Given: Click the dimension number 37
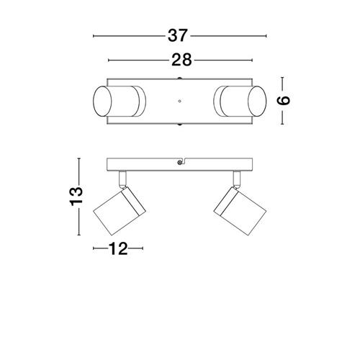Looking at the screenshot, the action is [x=177, y=36].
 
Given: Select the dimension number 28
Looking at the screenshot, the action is [x=181, y=60].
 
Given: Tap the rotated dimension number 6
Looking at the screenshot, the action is [x=284, y=101].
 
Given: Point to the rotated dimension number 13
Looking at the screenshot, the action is [x=76, y=197].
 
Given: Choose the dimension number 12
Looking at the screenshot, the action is [x=118, y=248].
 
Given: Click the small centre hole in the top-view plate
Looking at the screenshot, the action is [x=179, y=101].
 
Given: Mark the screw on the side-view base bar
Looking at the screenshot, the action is [x=179, y=163].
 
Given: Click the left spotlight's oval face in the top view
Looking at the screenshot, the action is [x=102, y=102].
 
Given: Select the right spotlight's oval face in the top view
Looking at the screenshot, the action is [x=257, y=102].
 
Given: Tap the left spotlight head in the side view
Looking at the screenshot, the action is [x=120, y=211].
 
